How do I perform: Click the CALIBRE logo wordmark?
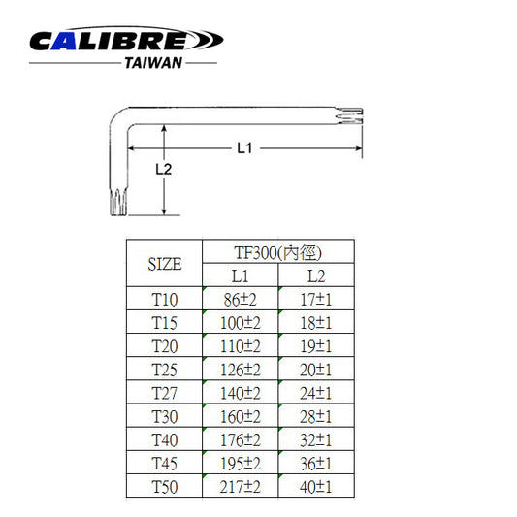126,39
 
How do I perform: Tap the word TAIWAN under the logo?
153,63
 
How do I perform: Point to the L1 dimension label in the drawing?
244,148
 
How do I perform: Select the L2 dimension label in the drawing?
164,169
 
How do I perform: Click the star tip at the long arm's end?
349,116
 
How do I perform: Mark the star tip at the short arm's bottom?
118,202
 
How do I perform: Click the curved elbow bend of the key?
119,117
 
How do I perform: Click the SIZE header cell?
165,264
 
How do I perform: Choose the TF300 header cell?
278,253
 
